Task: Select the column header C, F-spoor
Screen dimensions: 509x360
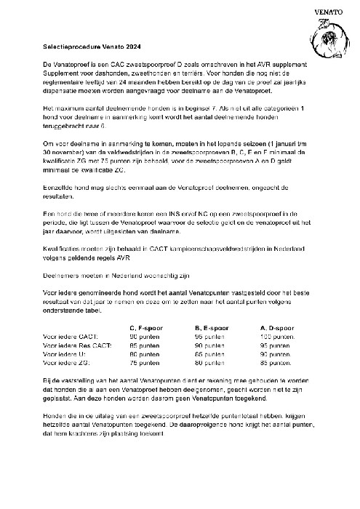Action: pos(148,327)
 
